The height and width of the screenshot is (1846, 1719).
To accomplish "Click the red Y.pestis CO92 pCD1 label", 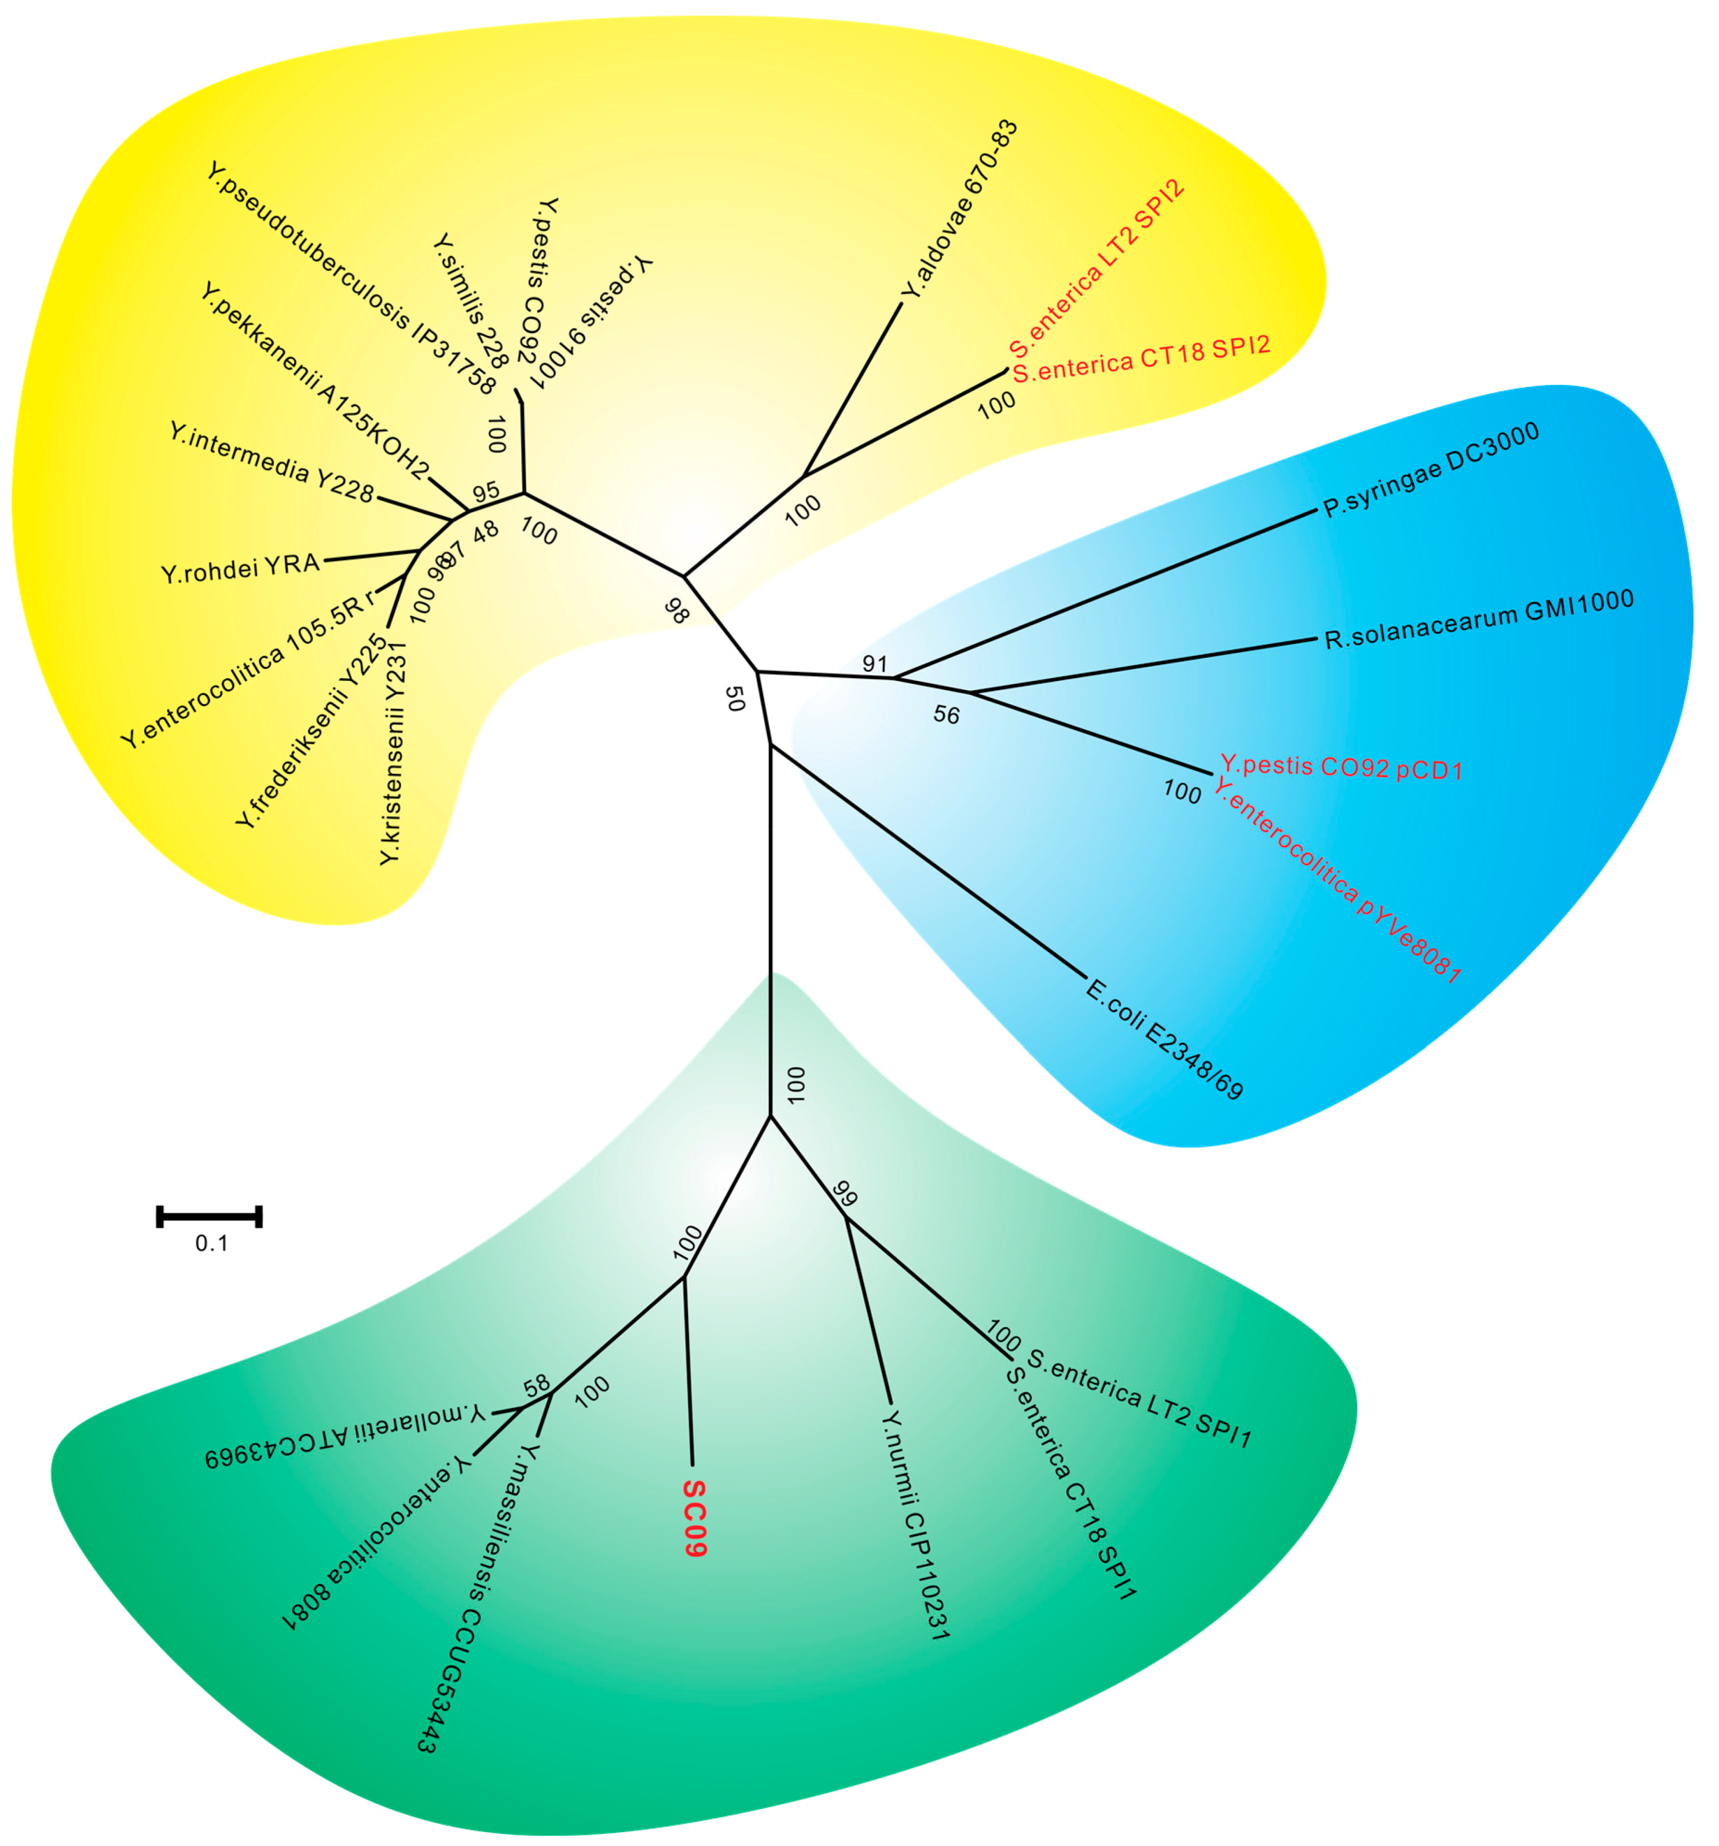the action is click(x=1341, y=767).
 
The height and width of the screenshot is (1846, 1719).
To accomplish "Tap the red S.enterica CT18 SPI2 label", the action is click(x=1141, y=360).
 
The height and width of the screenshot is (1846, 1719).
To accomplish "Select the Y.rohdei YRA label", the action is click(x=240, y=567).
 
